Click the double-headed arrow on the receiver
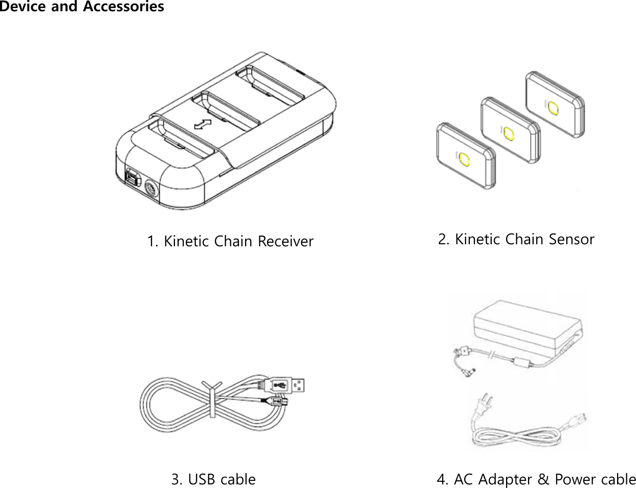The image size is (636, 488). click(203, 124)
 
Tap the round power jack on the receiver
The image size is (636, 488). click(152, 188)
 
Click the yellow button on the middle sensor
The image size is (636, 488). click(508, 133)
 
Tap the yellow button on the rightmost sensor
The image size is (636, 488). click(553, 108)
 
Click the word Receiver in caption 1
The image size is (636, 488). click(285, 241)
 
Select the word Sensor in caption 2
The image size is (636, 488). click(572, 239)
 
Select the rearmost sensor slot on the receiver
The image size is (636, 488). click(270, 83)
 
